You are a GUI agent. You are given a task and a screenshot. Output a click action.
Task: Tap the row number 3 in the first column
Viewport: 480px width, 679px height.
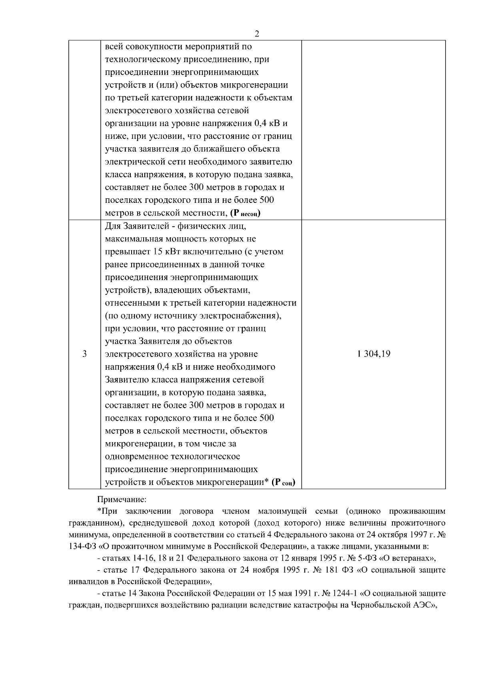[84, 354]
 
